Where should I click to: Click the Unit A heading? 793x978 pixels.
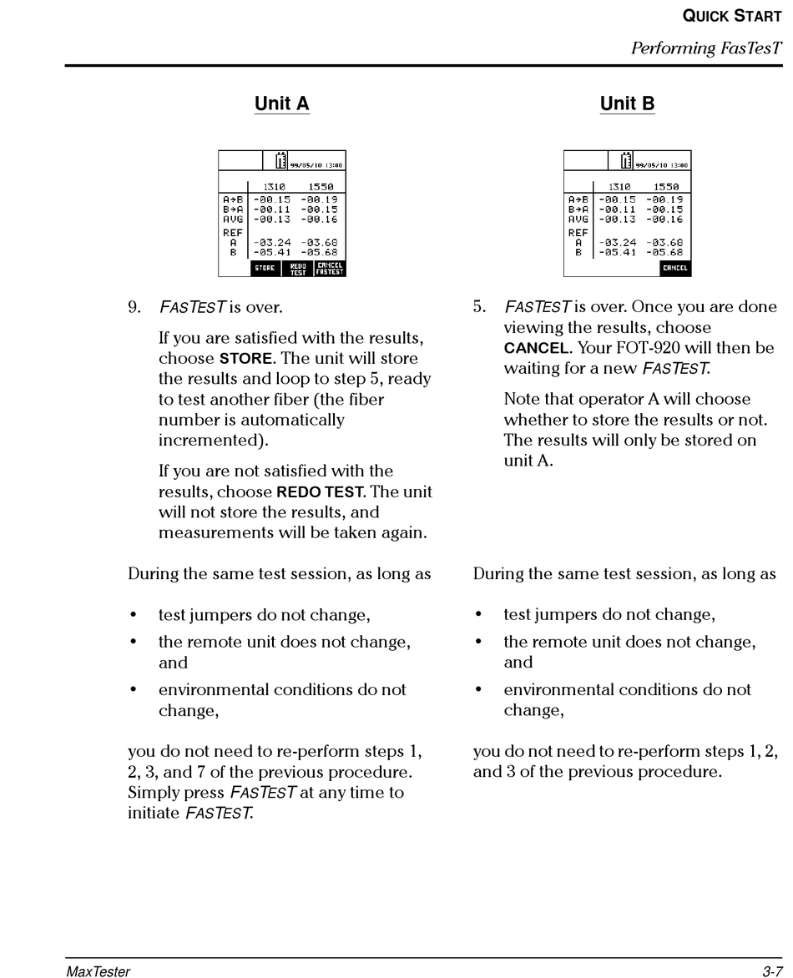tap(281, 103)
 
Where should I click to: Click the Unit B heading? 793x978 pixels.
tap(627, 103)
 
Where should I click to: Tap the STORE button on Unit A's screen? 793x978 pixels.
tap(265, 268)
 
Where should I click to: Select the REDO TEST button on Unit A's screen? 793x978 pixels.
tap(298, 268)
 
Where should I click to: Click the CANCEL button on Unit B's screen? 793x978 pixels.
tap(674, 268)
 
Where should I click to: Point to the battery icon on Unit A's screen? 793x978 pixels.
tap(281, 160)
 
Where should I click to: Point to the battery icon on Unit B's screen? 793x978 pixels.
tap(627, 160)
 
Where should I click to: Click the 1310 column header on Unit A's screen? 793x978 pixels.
tap(274, 187)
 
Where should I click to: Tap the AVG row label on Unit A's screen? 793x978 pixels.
tap(231, 219)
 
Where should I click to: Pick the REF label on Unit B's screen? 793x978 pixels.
tap(577, 233)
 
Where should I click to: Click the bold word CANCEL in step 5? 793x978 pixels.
tap(535, 348)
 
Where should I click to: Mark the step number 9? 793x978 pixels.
tap(134, 307)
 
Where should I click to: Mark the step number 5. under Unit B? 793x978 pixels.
tap(479, 307)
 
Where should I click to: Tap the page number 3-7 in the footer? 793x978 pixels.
tap(770, 971)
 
